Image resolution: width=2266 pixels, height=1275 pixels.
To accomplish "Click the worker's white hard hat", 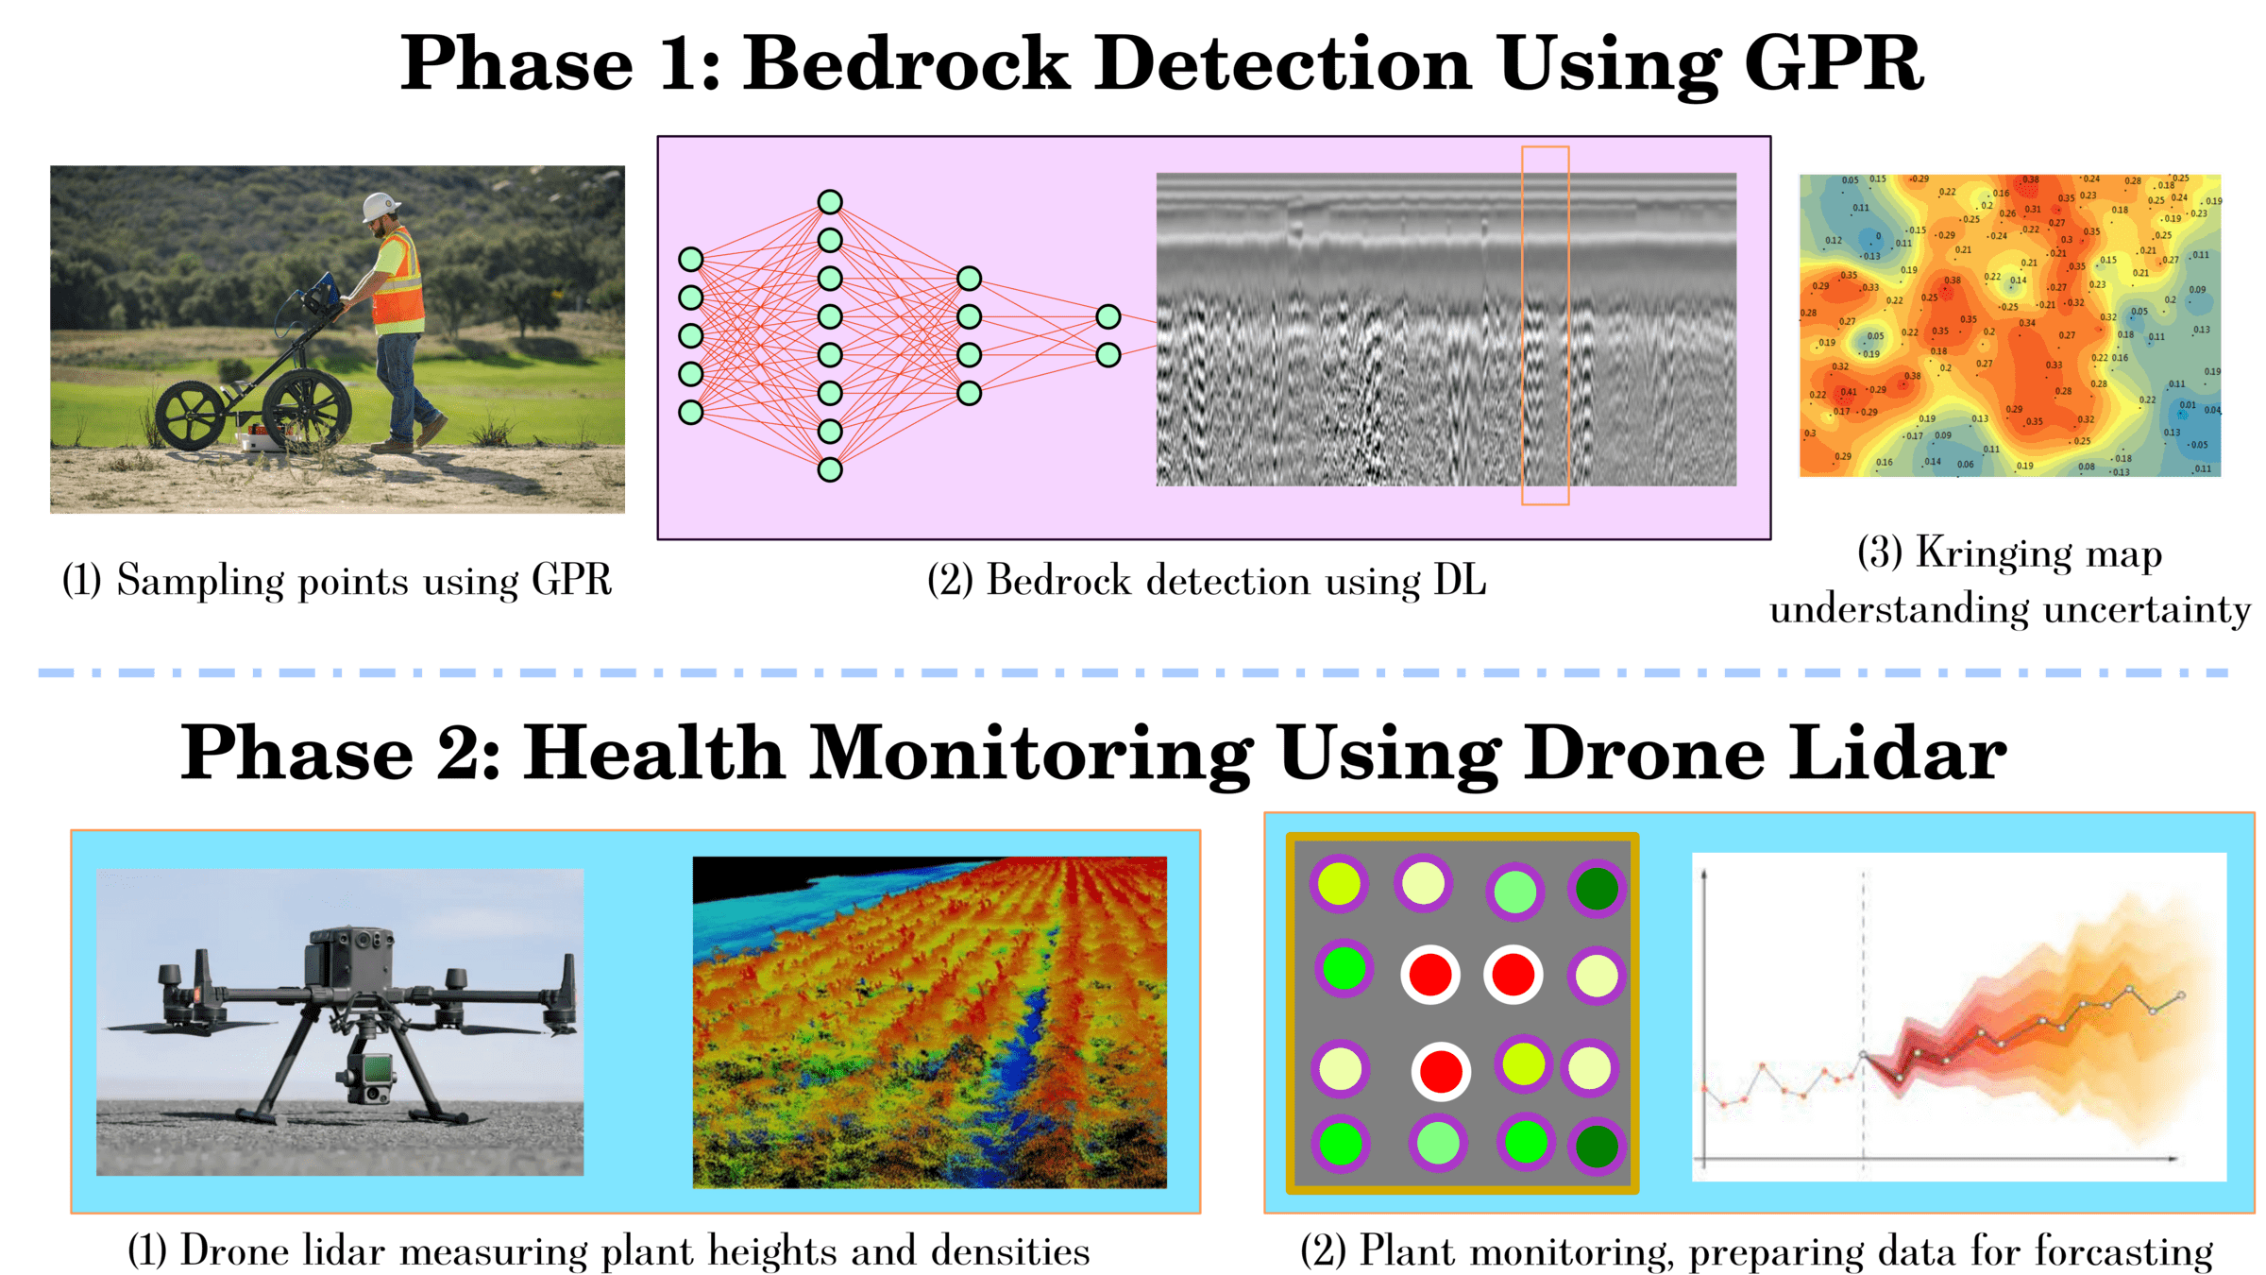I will pyautogui.click(x=381, y=206).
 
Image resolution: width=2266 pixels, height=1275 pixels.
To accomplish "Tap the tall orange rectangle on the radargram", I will pyautogui.click(x=1545, y=325).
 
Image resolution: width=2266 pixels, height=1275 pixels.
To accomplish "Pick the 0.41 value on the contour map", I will pyautogui.click(x=1848, y=392).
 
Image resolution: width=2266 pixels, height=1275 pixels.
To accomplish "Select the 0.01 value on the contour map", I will pyautogui.click(x=2187, y=405).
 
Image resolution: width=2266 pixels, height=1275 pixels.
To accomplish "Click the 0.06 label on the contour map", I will pyautogui.click(x=1965, y=464).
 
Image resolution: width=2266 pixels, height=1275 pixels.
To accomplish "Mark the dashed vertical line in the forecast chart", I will pyautogui.click(x=1863, y=1020).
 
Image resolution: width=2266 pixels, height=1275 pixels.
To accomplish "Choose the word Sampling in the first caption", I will pyautogui.click(x=199, y=581).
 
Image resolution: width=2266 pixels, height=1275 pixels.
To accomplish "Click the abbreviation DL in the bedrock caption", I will pyautogui.click(x=1460, y=580).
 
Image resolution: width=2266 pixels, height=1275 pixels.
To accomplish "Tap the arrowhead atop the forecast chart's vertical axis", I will pyautogui.click(x=1704, y=874).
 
